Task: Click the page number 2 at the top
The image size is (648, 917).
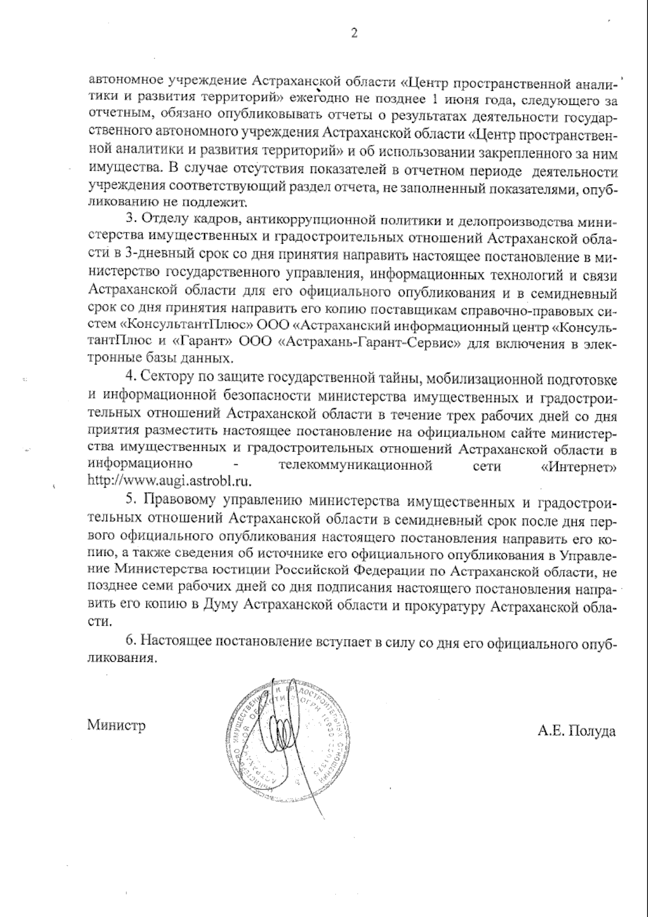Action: [354, 34]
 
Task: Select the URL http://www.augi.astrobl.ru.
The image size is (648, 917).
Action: [170, 480]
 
